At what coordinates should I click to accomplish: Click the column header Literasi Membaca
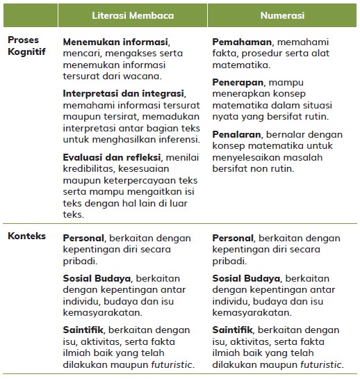point(133,15)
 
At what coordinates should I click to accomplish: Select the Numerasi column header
point(284,15)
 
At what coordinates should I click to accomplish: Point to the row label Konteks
point(27,236)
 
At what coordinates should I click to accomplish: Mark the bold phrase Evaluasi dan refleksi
point(110,157)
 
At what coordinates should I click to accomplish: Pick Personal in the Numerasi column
point(234,237)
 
